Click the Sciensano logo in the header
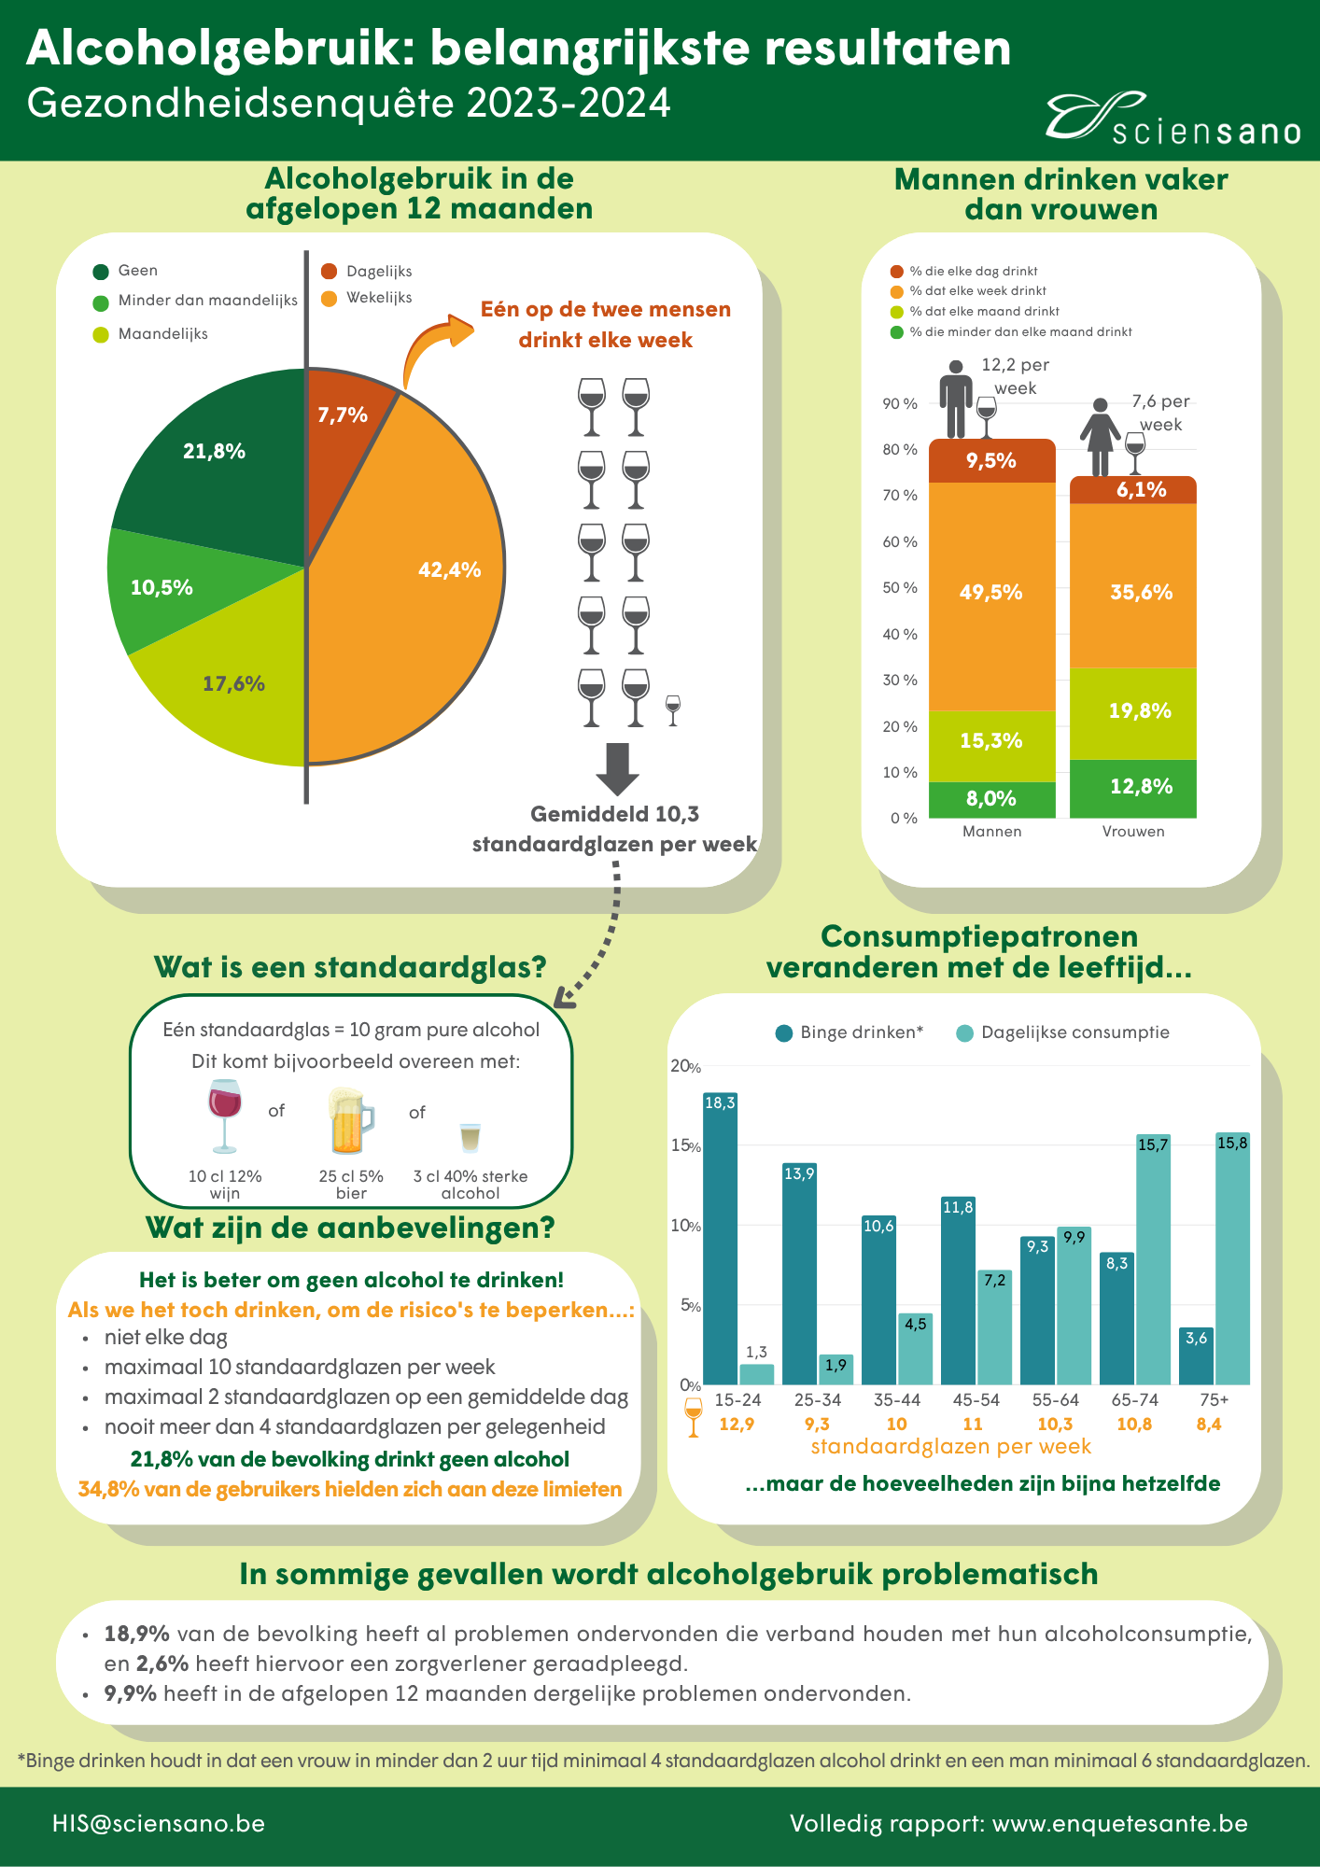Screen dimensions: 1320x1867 [x=1173, y=119]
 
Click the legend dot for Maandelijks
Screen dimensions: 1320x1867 [x=101, y=334]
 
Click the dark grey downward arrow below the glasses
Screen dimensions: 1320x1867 [x=617, y=769]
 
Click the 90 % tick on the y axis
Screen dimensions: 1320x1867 [x=900, y=404]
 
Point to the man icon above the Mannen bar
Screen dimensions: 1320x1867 [x=956, y=400]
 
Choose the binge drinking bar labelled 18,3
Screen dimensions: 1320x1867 [x=720, y=1239]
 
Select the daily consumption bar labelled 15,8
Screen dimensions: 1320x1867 [x=1232, y=1258]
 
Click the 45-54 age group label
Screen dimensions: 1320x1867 [x=976, y=1400]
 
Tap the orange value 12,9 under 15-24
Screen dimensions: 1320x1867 [x=737, y=1425]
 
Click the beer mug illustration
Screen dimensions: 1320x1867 [x=351, y=1121]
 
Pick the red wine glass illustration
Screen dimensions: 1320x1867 [x=225, y=1116]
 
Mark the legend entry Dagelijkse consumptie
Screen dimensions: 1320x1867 [x=1063, y=1032]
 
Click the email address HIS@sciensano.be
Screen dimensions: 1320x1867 [x=159, y=1824]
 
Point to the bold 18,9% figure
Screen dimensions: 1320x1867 [x=137, y=1634]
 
